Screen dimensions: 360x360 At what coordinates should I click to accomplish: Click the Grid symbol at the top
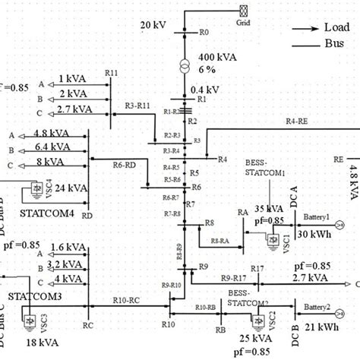click(245, 11)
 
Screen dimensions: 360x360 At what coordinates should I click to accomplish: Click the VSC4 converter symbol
click(34, 188)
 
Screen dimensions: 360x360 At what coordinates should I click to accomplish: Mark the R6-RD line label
click(124, 163)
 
